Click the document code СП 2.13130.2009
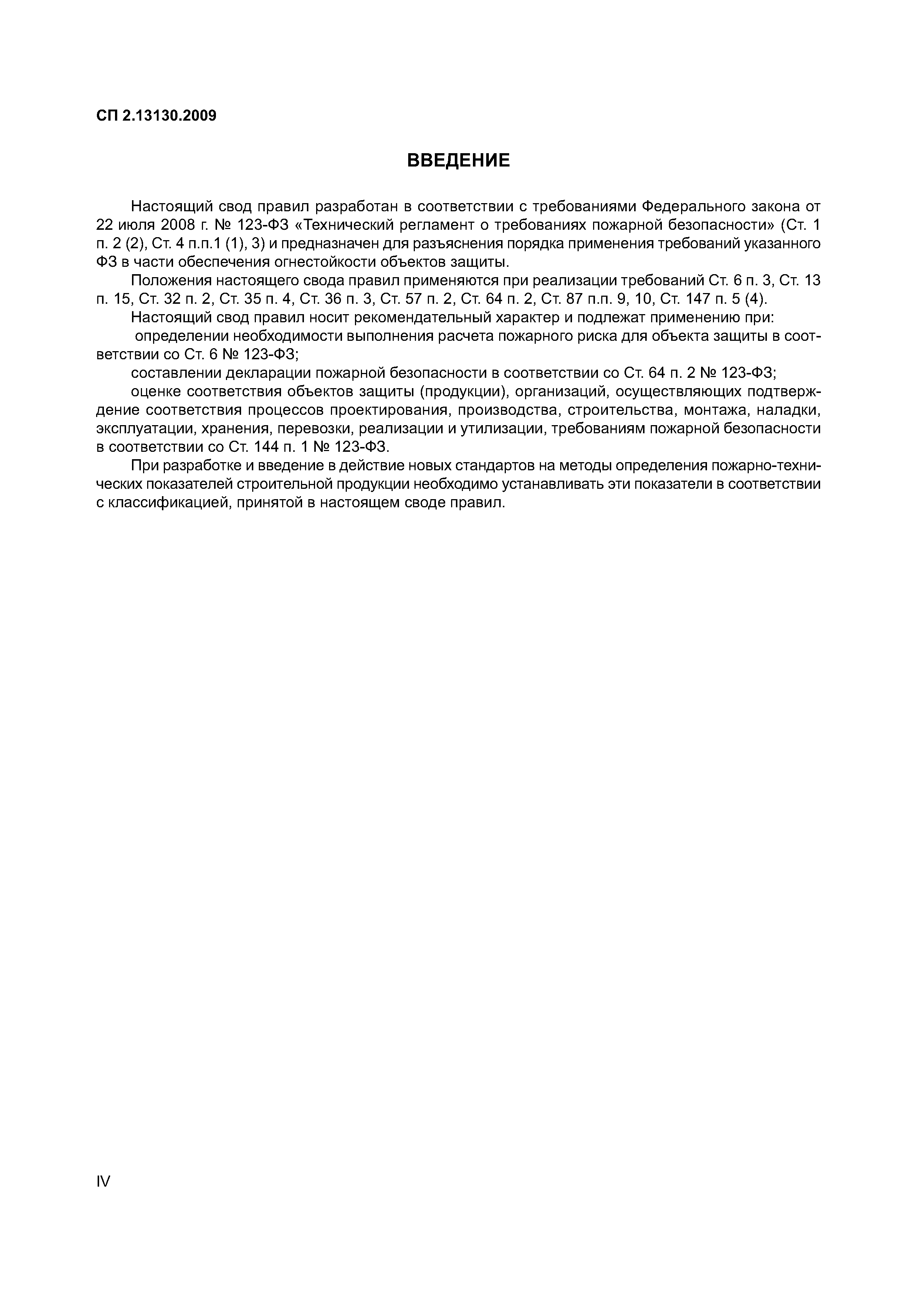(156, 117)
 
